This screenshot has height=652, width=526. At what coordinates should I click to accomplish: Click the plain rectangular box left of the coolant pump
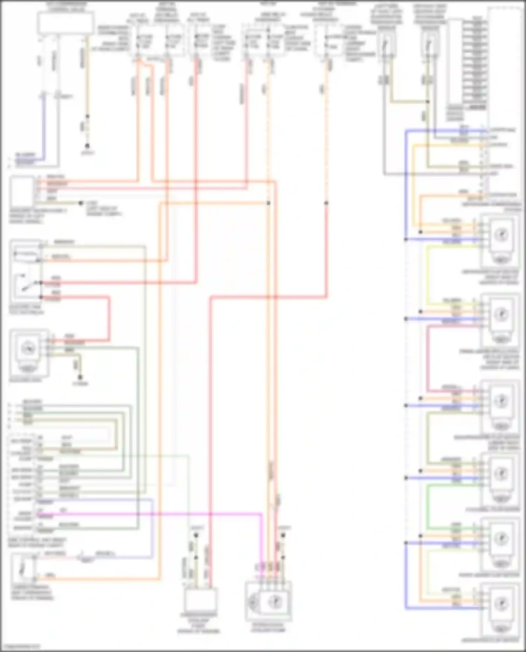click(199, 600)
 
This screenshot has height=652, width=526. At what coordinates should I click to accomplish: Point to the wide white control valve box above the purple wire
click(66, 23)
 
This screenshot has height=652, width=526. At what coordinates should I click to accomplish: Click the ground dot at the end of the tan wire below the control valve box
click(87, 146)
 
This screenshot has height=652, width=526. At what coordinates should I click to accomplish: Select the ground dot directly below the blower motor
click(80, 377)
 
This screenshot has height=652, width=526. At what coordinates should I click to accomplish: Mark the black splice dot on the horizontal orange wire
click(268, 203)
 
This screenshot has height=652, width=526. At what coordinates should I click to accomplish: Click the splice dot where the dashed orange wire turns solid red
click(326, 203)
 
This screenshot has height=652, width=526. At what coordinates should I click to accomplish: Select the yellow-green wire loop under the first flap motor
click(428, 273)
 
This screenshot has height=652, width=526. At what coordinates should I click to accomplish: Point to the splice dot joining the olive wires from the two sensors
click(428, 102)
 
